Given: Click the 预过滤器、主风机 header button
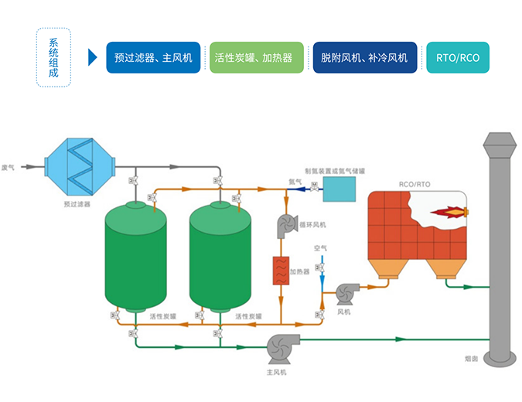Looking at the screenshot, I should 153,58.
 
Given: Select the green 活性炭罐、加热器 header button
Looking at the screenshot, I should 256,58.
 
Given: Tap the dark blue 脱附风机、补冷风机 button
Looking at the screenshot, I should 364,58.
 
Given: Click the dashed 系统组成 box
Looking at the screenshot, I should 53,58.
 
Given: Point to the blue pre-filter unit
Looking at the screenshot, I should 80,165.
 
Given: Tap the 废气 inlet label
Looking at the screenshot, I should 10,165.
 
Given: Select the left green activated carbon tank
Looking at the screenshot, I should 136,255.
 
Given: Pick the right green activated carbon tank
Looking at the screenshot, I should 220,255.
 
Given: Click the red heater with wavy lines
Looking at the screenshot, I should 279,271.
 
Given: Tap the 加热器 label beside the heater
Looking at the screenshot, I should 300,272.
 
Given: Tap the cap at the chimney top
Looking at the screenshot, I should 500,144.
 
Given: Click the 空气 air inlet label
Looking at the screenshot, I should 320,248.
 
